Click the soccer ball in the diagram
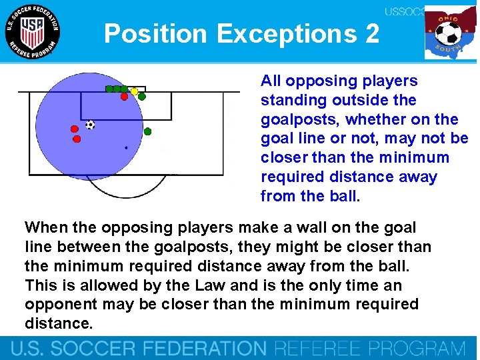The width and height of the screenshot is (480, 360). click(x=90, y=125)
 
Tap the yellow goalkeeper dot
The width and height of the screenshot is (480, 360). click(x=134, y=91)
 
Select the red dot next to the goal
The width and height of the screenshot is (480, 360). click(x=124, y=97)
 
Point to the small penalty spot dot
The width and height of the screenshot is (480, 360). click(x=126, y=147)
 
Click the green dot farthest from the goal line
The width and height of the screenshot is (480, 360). click(x=148, y=131)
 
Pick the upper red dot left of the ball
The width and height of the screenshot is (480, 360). click(x=75, y=129)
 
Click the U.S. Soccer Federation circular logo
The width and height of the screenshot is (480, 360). click(x=32, y=31)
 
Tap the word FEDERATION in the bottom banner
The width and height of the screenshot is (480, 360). click(x=200, y=349)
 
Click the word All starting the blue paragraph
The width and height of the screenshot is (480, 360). click(x=272, y=81)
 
